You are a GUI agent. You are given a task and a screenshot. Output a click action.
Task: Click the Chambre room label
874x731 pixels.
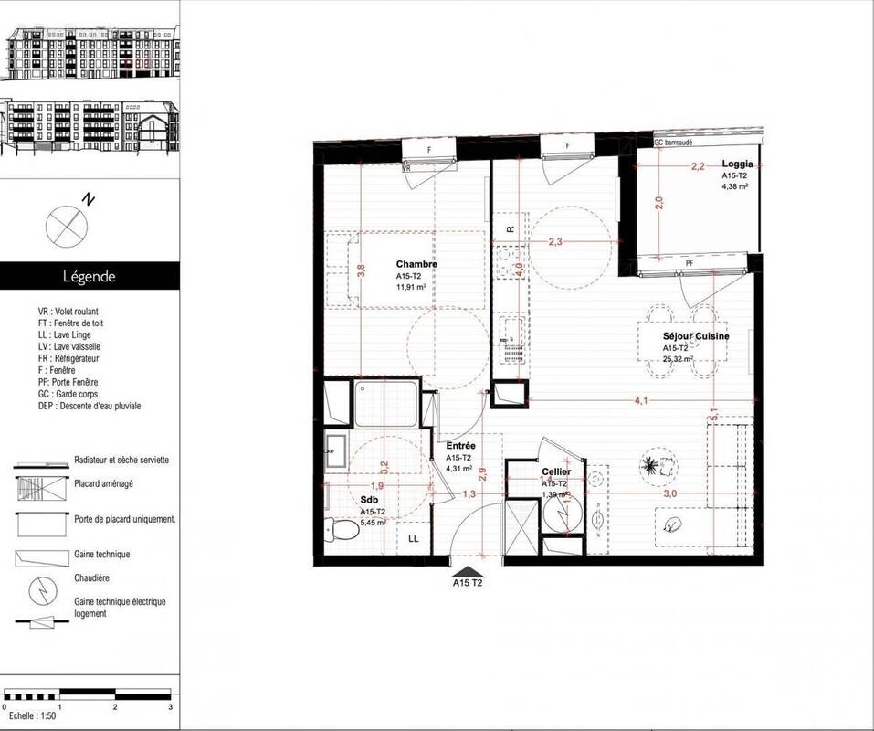(416, 264)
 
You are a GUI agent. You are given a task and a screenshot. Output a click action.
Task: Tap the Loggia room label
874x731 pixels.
(736, 164)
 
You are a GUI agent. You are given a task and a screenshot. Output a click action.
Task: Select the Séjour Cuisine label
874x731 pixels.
(696, 336)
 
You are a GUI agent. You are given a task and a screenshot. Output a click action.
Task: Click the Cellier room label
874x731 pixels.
(555, 471)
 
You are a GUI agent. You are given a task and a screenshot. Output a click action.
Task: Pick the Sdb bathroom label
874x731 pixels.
(368, 502)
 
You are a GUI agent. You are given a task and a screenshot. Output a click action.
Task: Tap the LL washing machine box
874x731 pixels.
(413, 539)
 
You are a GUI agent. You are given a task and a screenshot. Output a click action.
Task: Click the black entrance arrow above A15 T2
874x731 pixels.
(467, 569)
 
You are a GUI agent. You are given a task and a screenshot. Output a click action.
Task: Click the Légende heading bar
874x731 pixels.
(90, 275)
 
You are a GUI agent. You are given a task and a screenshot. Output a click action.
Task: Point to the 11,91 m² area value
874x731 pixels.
(411, 286)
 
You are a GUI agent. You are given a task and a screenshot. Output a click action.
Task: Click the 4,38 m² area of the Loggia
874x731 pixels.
(735, 185)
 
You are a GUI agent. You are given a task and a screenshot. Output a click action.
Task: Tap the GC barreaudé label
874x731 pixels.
(673, 143)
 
